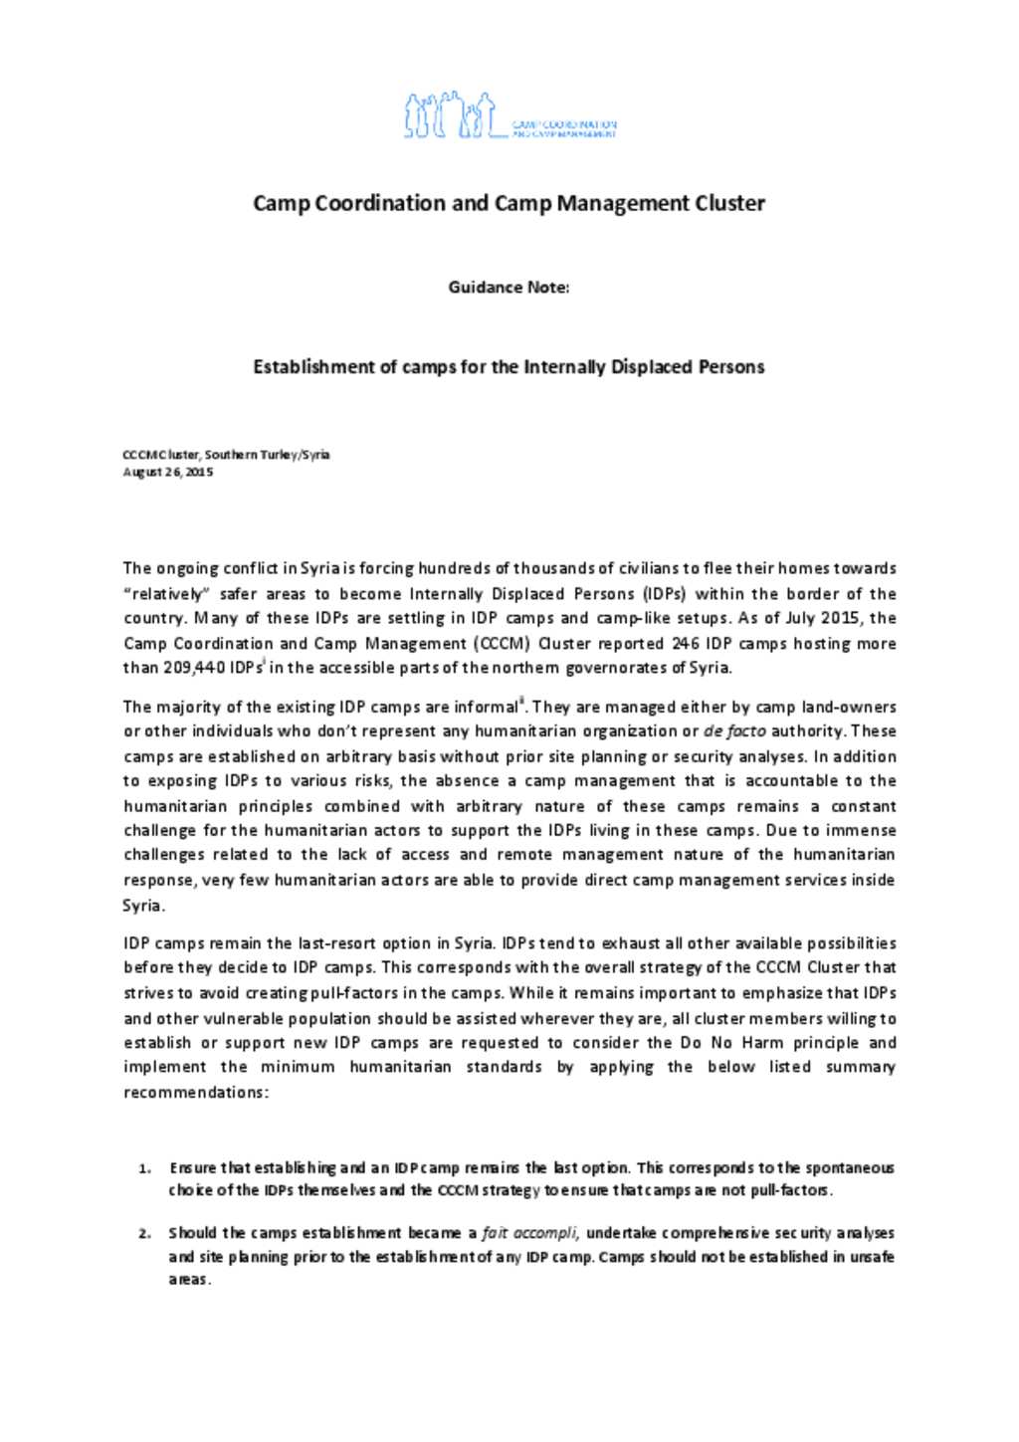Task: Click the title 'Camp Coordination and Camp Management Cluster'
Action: [x=509, y=204]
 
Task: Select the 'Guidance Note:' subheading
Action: [x=509, y=288]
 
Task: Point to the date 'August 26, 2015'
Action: [x=167, y=472]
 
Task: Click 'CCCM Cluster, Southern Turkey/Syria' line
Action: [x=226, y=455]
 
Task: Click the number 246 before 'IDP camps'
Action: [x=686, y=644]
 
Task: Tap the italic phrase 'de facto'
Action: [x=734, y=731]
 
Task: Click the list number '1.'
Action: [x=145, y=1168]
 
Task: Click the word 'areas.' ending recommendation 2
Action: [x=189, y=1280]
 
